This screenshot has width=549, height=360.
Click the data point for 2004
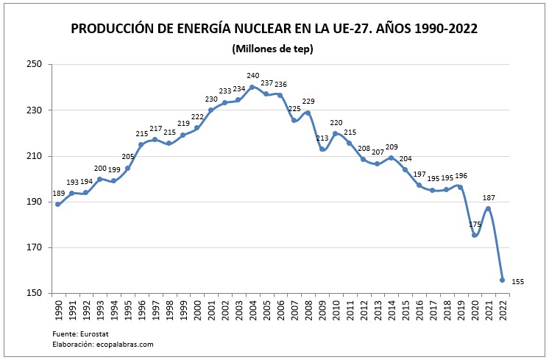tap(252, 87)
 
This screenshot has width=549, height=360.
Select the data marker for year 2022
tap(502, 280)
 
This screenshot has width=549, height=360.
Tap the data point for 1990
tap(57, 204)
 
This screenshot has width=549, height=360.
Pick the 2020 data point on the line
tap(474, 235)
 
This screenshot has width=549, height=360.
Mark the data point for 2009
tap(322, 149)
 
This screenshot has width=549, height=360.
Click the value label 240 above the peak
tap(252, 76)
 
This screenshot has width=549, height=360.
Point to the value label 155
tap(517, 282)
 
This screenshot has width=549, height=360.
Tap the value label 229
tap(308, 102)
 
